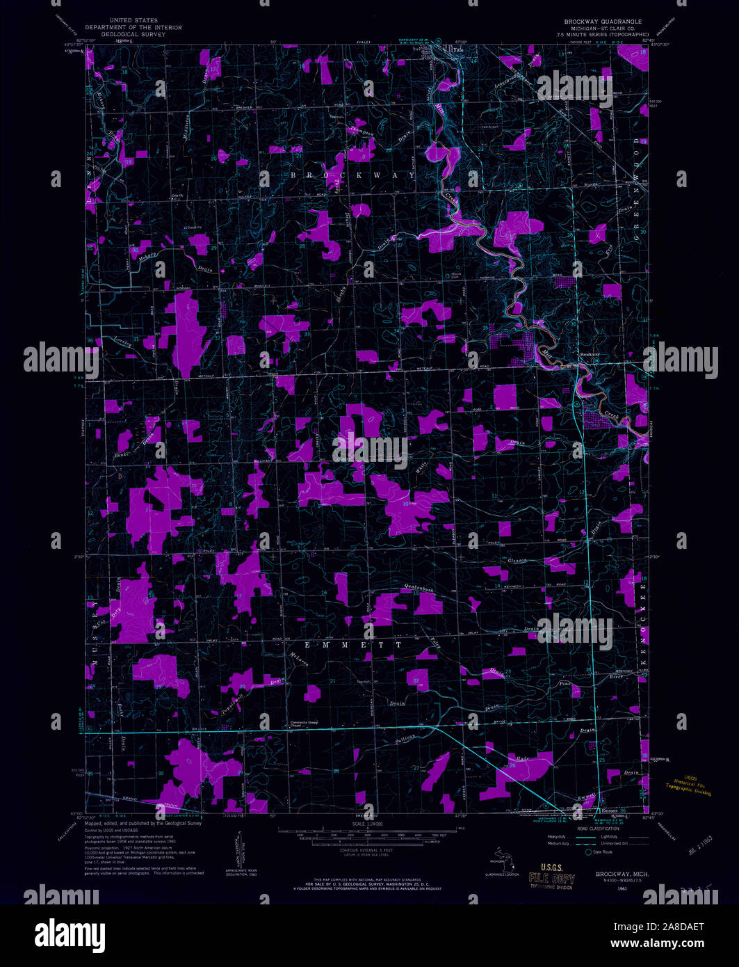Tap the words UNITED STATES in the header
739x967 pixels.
click(138, 21)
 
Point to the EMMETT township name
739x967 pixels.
click(345, 645)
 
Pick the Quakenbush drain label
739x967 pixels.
click(419, 589)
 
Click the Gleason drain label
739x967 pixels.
click(518, 560)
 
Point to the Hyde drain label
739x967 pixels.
click(523, 756)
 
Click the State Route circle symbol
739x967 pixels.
click(588, 852)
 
